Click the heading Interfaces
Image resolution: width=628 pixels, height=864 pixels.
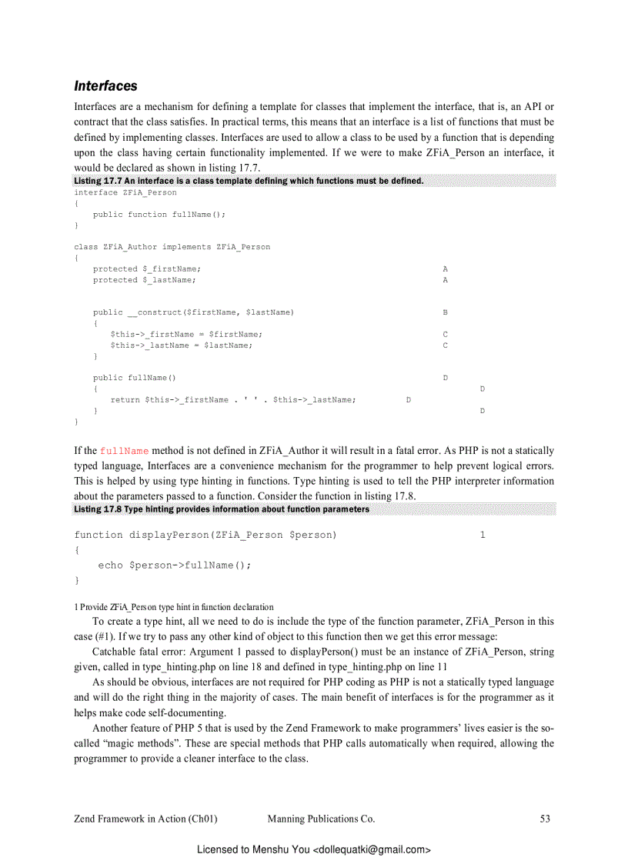(105, 85)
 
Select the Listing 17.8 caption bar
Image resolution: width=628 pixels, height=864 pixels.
(222, 509)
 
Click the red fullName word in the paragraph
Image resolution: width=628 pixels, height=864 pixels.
(124, 451)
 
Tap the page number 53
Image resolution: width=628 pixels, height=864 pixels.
(545, 819)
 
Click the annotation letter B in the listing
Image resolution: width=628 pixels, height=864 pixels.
(446, 312)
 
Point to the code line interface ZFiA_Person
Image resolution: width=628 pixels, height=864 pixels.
(125, 192)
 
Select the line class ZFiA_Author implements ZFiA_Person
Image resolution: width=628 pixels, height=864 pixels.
(172, 247)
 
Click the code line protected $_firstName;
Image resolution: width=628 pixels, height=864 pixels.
(146, 269)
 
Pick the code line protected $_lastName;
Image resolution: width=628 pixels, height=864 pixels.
(144, 280)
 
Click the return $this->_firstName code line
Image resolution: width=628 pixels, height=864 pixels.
(232, 400)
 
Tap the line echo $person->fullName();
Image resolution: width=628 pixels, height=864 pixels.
(175, 565)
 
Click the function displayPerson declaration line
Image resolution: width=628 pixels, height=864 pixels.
(205, 535)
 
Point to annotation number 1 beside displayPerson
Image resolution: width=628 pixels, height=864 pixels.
(483, 535)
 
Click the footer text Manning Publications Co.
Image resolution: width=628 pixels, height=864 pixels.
(321, 819)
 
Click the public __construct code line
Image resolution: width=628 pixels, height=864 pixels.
(193, 312)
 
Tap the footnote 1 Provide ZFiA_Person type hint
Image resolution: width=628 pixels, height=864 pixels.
(173, 607)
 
